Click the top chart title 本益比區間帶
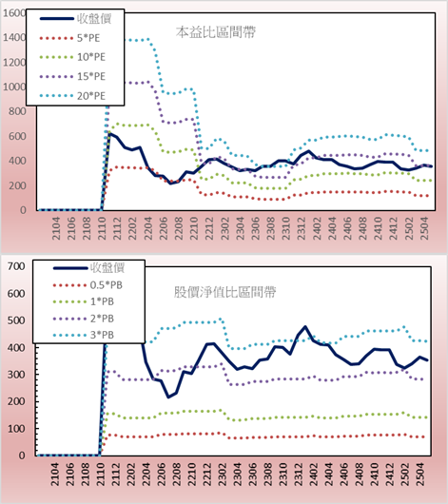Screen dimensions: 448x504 216,32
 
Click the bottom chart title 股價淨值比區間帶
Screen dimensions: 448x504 224,292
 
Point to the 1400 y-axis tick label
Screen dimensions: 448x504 14,38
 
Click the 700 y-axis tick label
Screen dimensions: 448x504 16,266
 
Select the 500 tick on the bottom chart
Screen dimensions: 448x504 16,320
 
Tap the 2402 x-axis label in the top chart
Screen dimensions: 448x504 317,228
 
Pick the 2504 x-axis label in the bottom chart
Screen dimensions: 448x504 420,475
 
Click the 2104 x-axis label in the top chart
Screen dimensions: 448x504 56,228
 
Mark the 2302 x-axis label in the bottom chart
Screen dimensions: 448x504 222,475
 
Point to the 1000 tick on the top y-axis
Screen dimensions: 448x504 14,87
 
